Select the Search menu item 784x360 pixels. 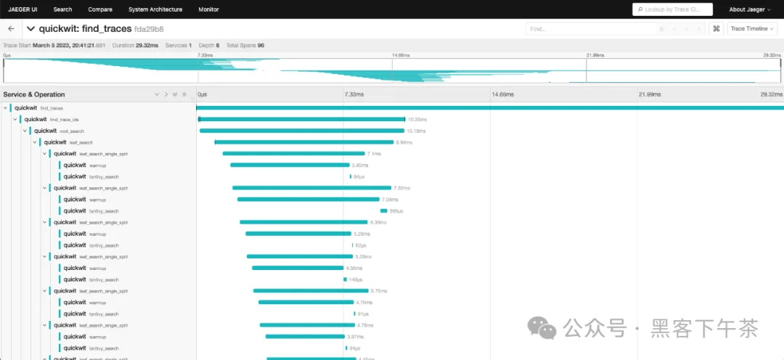[62, 9]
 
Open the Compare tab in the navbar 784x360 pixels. [100, 9]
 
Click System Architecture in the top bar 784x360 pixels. [155, 9]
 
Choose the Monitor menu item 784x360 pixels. [209, 9]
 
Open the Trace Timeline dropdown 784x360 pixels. [751, 28]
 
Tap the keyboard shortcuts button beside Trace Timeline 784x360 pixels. [716, 28]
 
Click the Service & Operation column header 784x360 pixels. [34, 94]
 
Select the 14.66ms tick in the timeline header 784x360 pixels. [502, 94]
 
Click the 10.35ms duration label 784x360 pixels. [417, 119]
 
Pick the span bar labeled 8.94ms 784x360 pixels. [304, 142]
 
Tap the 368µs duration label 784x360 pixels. [396, 211]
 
